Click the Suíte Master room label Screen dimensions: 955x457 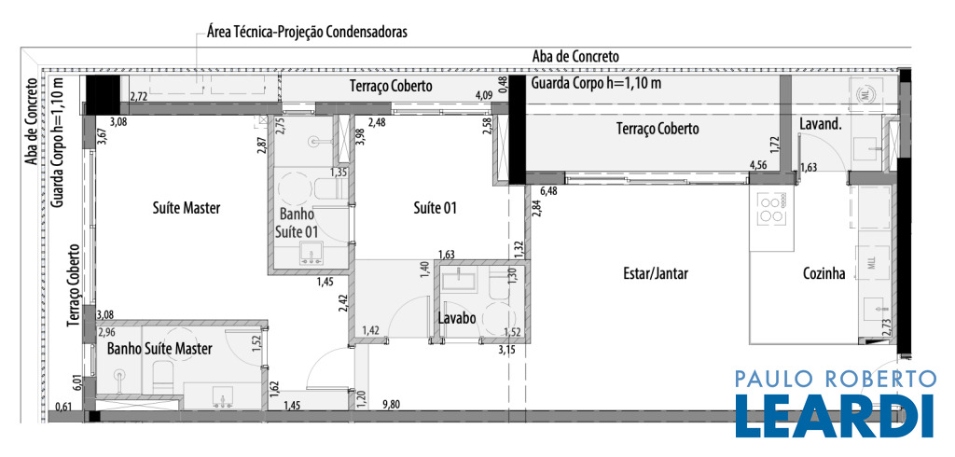pos(186,208)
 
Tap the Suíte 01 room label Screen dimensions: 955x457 pos(435,208)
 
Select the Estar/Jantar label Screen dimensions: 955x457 pos(655,273)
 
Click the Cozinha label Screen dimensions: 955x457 pos(824,274)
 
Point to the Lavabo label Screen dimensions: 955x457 pos(457,318)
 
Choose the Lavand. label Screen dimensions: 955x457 pos(820,125)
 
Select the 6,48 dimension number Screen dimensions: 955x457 pos(548,190)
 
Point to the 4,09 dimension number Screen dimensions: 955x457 pos(484,95)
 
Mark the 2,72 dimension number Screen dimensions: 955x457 pos(140,96)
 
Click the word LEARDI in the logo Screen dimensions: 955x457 pos(835,416)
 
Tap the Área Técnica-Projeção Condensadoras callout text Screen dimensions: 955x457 pos(307,32)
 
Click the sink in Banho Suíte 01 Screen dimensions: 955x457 pos(311,253)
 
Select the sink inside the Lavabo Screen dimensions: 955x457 pos(461,281)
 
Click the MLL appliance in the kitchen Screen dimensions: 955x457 pos(872,264)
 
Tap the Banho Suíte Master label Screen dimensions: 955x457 pos(159,349)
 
